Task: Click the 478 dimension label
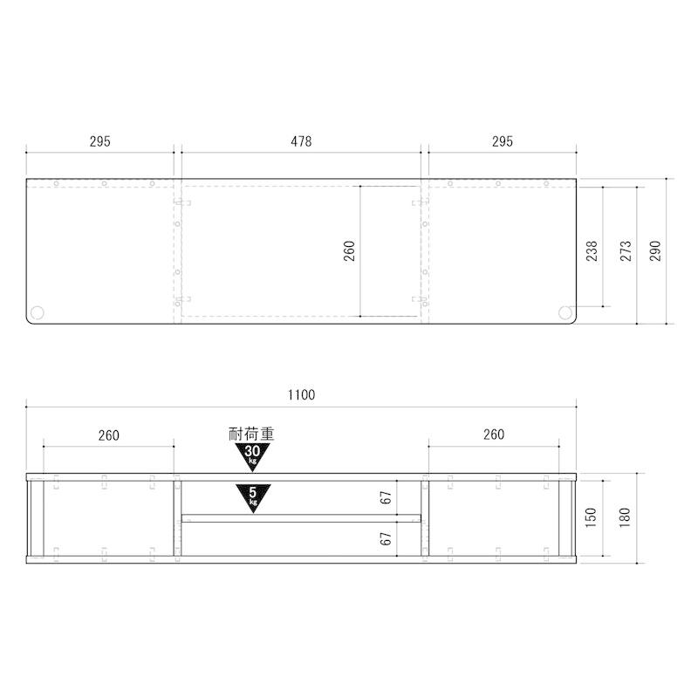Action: point(301,141)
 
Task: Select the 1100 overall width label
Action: point(301,395)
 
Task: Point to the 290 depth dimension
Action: point(655,250)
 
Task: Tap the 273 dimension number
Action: point(626,250)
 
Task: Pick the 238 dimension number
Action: point(592,250)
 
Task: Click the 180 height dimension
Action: point(625,517)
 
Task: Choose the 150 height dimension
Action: point(591,517)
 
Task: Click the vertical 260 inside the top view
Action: point(349,250)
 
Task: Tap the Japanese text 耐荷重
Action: point(251,434)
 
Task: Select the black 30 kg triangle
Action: point(252,454)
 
